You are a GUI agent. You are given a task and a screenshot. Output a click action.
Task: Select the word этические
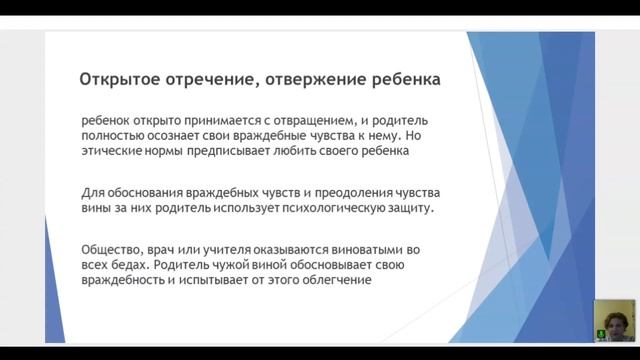(115, 152)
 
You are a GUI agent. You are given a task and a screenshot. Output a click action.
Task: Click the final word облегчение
(332, 281)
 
